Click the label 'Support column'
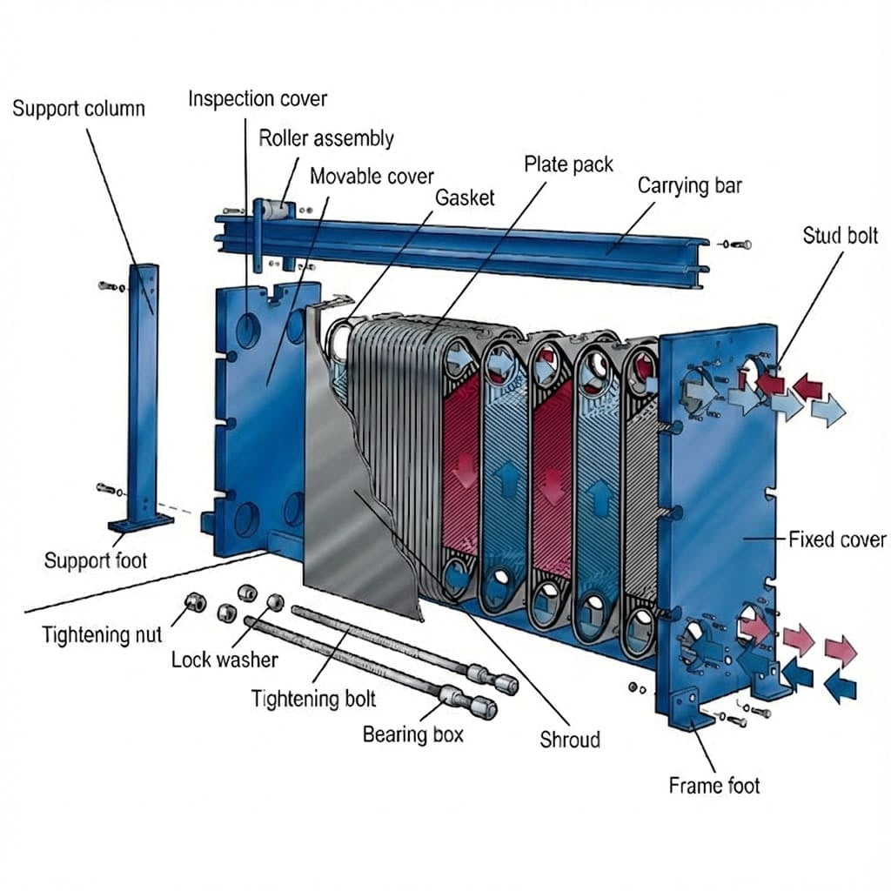pyautogui.click(x=78, y=109)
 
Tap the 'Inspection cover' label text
pyautogui.click(x=258, y=98)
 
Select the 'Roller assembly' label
pyautogui.click(x=326, y=137)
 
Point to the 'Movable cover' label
pyautogui.click(x=372, y=176)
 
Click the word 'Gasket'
pyautogui.click(x=465, y=197)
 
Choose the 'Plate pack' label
pyautogui.click(x=568, y=164)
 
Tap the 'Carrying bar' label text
pyautogui.click(x=690, y=185)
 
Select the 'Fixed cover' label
pyautogui.click(x=837, y=539)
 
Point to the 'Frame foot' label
pyautogui.click(x=713, y=786)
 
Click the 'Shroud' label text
pyautogui.click(x=570, y=740)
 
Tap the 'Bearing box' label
pyautogui.click(x=413, y=734)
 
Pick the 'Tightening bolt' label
pyautogui.click(x=313, y=698)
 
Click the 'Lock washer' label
pyautogui.click(x=224, y=660)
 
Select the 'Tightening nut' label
pyautogui.click(x=102, y=634)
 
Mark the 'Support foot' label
pyautogui.click(x=96, y=559)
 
